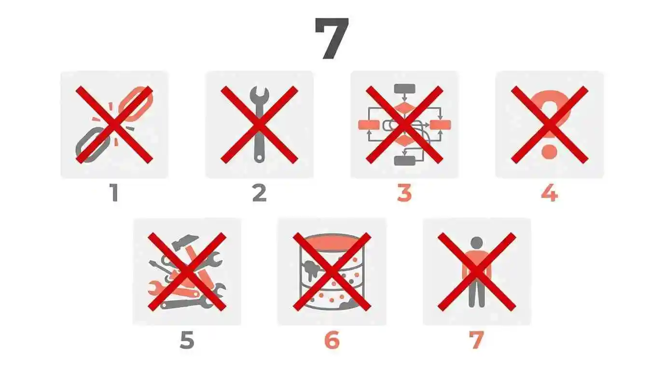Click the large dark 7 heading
pyautogui.click(x=332, y=39)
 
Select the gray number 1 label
pyautogui.click(x=114, y=193)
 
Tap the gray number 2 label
pyautogui.click(x=259, y=193)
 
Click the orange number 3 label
pyautogui.click(x=404, y=193)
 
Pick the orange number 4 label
pyautogui.click(x=549, y=193)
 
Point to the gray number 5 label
pyautogui.click(x=187, y=340)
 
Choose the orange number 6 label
pyautogui.click(x=332, y=340)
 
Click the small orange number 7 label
pyautogui.click(x=476, y=340)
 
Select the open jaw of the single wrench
pyautogui.click(x=259, y=94)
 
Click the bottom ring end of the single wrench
pyautogui.click(x=259, y=157)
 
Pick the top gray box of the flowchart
pyautogui.click(x=404, y=89)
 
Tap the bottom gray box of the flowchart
pyautogui.click(x=404, y=160)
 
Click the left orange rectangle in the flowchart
pyautogui.click(x=368, y=125)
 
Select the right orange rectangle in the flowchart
pyautogui.click(x=441, y=125)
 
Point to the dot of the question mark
pyautogui.click(x=549, y=152)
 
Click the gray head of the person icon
pyautogui.click(x=476, y=243)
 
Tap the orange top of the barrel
pyautogui.click(x=332, y=241)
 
